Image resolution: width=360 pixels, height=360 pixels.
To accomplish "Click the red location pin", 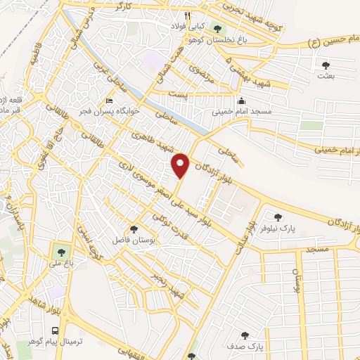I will click(181, 164).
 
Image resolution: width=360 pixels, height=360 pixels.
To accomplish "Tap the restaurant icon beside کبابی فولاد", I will click(187, 15).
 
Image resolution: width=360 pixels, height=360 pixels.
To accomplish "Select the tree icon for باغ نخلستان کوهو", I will click(217, 29).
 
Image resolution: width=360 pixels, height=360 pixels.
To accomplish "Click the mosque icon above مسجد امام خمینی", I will click(241, 101).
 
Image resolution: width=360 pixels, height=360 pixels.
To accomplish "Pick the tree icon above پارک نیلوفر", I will click(278, 217).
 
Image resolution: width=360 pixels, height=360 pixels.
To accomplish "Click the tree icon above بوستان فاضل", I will click(134, 229).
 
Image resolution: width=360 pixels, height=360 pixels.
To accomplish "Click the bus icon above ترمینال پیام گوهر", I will click(55, 330).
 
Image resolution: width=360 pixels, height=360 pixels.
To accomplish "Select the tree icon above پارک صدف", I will click(245, 336).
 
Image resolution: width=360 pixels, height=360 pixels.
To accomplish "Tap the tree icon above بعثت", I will click(325, 65).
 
